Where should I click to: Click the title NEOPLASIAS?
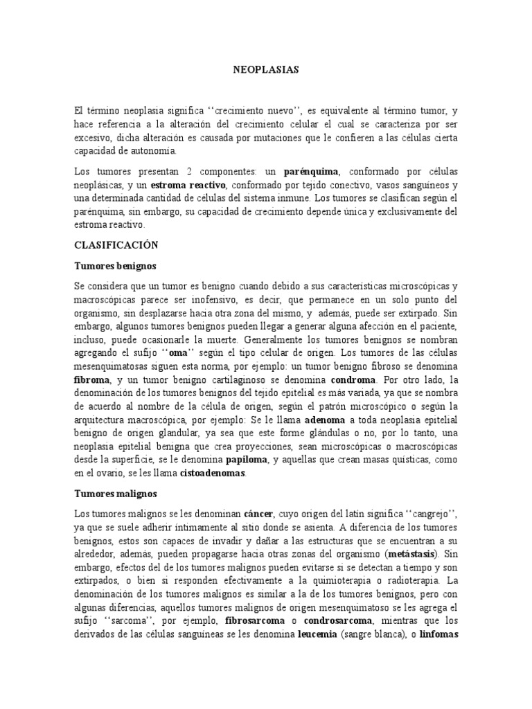click(x=265, y=70)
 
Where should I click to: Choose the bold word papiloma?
click(x=247, y=460)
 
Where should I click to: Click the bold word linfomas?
click(x=434, y=635)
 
